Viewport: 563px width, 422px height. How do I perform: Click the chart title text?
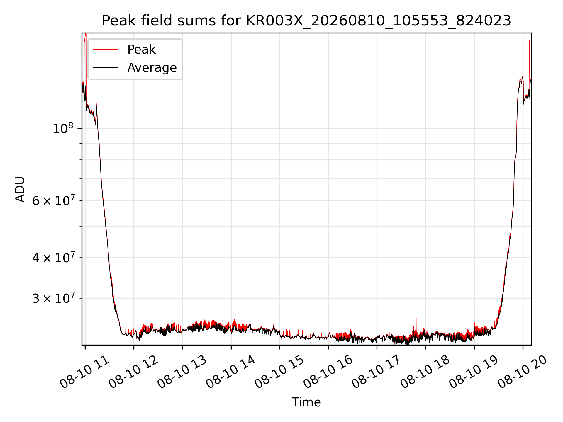coord(306,21)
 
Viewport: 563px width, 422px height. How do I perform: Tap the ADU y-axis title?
coord(20,189)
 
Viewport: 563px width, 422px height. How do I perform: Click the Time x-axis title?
coord(306,402)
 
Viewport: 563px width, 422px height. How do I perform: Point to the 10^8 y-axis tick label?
coord(63,128)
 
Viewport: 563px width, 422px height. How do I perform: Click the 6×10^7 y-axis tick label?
coord(53,201)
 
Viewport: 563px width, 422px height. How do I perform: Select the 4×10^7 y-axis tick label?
coord(53,258)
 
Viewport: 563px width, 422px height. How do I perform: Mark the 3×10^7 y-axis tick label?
coord(53,298)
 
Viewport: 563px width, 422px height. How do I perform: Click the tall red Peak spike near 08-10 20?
coord(530,59)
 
